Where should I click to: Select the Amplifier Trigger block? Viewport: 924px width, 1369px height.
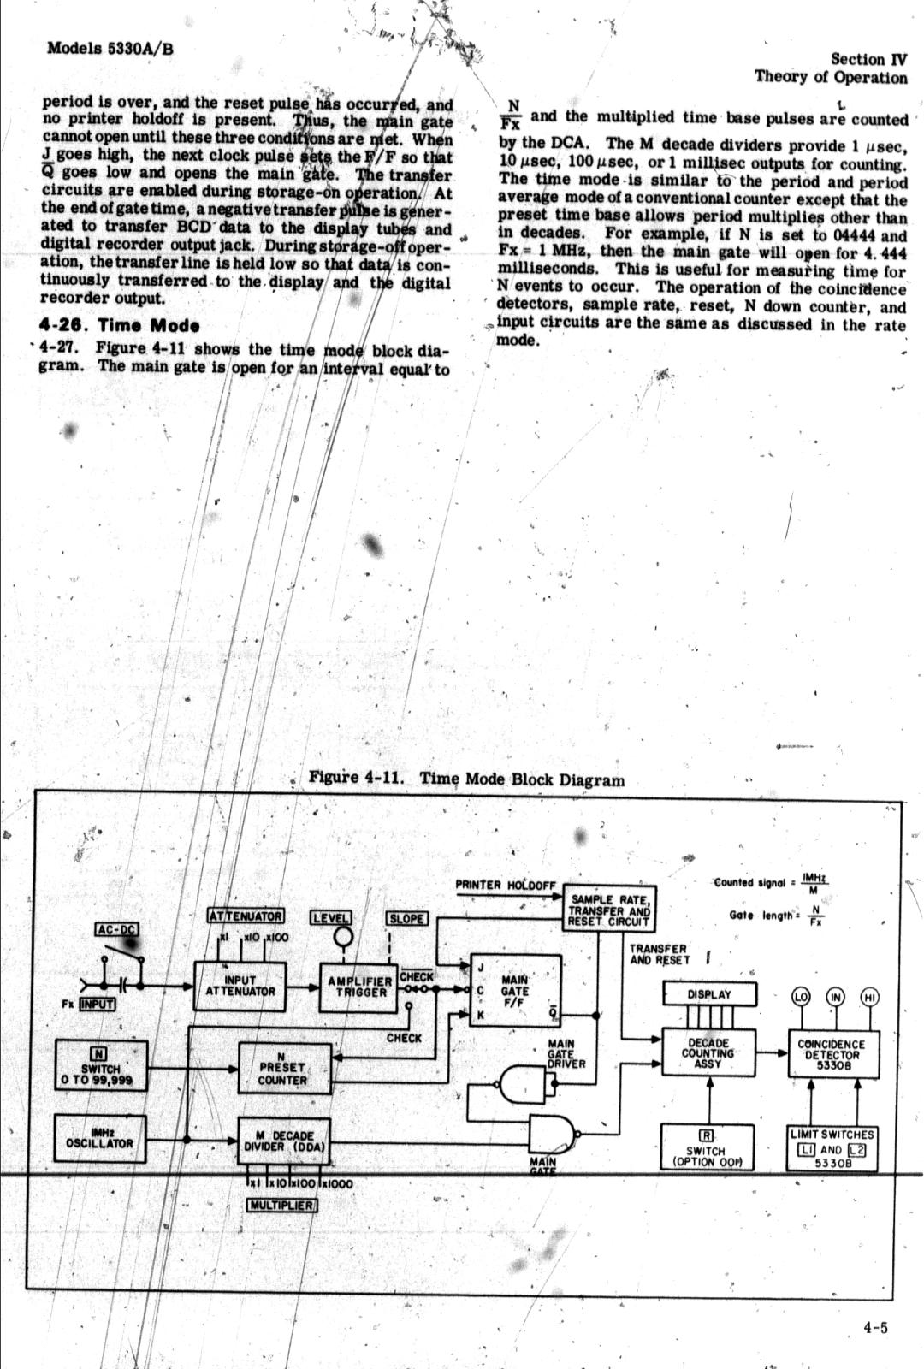[x=359, y=987]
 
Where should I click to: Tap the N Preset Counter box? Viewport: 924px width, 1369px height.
[x=282, y=1067]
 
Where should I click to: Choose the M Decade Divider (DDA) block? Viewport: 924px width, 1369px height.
[x=283, y=1141]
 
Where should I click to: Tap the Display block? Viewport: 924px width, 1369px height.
[x=710, y=994]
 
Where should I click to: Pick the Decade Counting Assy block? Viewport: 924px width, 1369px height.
[x=708, y=1053]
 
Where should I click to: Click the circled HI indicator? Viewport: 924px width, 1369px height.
[x=870, y=996]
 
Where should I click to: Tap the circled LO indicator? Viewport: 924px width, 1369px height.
[x=801, y=996]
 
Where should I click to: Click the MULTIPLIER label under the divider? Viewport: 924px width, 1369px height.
[x=282, y=1206]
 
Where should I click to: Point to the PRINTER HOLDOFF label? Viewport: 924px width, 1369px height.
[x=506, y=885]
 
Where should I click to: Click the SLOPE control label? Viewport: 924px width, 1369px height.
[x=407, y=918]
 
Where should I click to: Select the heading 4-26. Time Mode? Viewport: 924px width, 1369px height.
[x=120, y=325]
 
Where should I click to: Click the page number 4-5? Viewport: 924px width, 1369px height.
[x=875, y=1328]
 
